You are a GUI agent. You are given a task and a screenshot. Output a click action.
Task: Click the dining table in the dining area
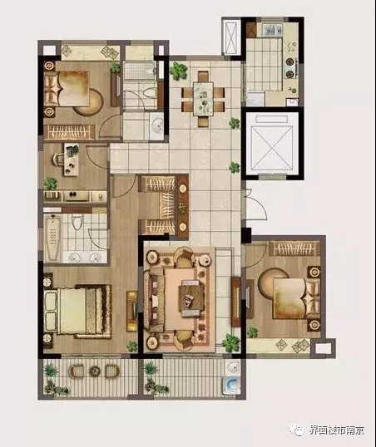[x=203, y=99]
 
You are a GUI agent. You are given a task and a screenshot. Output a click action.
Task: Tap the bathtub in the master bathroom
[x=52, y=238]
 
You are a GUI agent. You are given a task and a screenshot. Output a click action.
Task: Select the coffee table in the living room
[x=191, y=298]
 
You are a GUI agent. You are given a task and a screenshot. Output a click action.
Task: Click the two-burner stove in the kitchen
[x=289, y=67]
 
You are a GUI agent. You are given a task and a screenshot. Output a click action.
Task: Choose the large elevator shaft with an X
[x=271, y=145]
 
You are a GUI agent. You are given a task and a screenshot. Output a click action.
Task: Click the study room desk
[x=71, y=160]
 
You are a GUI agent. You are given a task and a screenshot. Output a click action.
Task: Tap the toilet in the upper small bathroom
[x=149, y=93]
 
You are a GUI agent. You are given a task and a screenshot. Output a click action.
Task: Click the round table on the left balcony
[x=94, y=371]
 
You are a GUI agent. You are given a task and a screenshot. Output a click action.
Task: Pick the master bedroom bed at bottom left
[x=77, y=311]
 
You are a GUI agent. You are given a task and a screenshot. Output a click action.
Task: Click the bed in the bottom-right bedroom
[x=296, y=298]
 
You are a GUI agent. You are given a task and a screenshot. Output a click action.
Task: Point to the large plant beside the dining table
[x=179, y=70]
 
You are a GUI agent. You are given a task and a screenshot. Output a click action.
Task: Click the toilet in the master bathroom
[x=77, y=222]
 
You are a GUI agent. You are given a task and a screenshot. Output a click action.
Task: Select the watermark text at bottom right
[x=337, y=430]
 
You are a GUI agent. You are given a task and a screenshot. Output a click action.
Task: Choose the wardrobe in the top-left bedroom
[x=69, y=132]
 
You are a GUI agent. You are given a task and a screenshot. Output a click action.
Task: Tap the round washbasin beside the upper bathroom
[x=156, y=125]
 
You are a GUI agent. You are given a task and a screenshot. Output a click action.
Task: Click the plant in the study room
[x=51, y=183]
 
